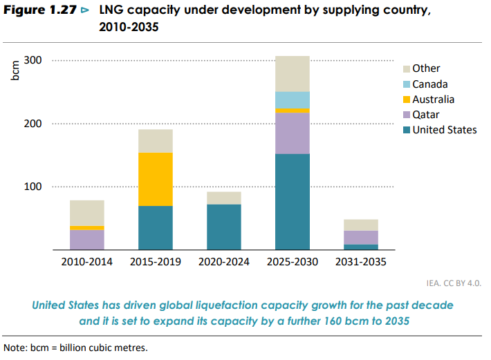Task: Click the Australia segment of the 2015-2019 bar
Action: [155, 179]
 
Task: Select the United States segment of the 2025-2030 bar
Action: [292, 201]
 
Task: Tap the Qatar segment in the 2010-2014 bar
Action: [86, 240]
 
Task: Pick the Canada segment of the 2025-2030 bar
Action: [292, 100]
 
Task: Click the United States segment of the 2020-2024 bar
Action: [223, 227]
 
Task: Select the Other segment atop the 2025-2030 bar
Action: [292, 73]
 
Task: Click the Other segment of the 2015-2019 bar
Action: [155, 141]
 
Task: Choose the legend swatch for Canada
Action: [407, 84]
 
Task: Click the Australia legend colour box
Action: [407, 100]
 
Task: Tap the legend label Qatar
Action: [426, 115]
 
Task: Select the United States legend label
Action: [444, 130]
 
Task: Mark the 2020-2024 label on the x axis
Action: [223, 263]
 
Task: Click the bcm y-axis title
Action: [16, 70]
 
